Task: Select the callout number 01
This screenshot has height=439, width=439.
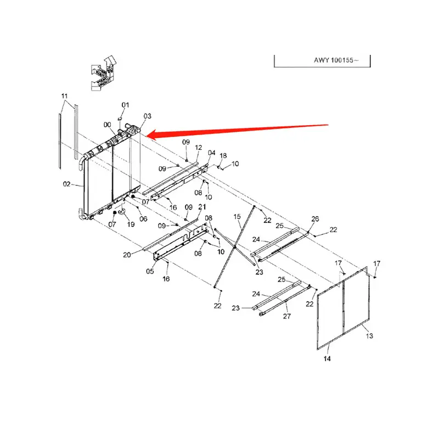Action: (x=125, y=105)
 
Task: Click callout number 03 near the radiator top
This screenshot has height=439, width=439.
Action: (x=147, y=116)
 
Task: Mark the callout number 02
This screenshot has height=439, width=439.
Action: (x=66, y=184)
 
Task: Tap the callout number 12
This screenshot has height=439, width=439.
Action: (x=198, y=148)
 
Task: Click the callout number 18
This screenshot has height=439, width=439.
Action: (x=223, y=156)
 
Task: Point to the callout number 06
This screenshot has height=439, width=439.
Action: (x=143, y=219)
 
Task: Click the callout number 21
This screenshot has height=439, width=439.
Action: (x=201, y=207)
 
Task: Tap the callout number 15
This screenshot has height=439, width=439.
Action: (x=237, y=217)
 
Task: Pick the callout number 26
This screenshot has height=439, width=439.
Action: (x=315, y=219)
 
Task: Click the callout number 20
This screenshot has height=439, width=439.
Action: (x=127, y=254)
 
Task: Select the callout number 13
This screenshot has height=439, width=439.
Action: (x=369, y=335)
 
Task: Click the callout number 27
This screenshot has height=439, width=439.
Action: (x=286, y=316)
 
